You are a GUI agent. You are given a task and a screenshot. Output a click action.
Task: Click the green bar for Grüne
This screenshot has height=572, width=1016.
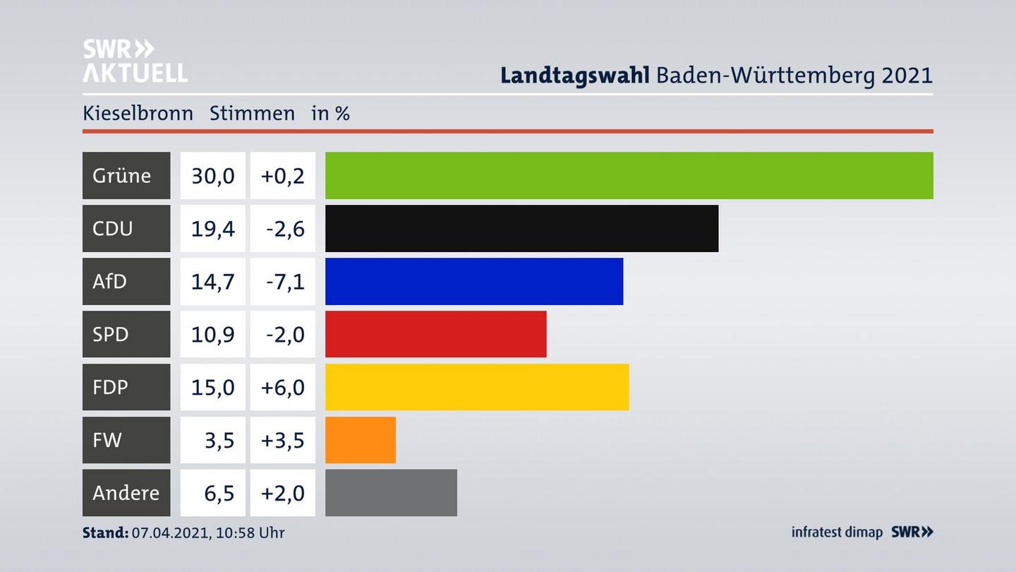(x=629, y=175)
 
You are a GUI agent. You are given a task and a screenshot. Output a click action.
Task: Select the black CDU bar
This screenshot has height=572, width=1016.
(x=521, y=228)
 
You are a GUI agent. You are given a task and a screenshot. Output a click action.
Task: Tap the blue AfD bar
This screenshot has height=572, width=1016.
(x=474, y=281)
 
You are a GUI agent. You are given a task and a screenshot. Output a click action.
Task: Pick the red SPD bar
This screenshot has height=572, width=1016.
(x=435, y=334)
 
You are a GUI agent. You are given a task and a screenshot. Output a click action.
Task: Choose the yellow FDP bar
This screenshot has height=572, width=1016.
(x=477, y=387)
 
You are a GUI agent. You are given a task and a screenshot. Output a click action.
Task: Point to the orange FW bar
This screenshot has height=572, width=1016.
(x=360, y=440)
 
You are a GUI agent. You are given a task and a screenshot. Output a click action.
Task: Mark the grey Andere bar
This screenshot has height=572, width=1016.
(x=391, y=492)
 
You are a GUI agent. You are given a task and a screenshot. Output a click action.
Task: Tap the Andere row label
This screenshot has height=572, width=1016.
(x=126, y=492)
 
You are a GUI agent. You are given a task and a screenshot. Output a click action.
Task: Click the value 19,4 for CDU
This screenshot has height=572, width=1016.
(x=212, y=228)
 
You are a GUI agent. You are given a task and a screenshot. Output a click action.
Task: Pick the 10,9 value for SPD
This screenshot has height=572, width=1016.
(x=212, y=334)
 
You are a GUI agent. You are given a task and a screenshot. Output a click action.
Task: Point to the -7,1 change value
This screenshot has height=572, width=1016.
(x=284, y=281)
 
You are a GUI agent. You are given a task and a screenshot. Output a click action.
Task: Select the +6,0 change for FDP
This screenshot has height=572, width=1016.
(x=282, y=387)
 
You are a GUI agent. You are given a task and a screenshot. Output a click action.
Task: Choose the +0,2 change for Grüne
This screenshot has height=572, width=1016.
(x=282, y=175)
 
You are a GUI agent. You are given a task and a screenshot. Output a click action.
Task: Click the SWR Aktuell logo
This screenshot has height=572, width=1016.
(x=135, y=61)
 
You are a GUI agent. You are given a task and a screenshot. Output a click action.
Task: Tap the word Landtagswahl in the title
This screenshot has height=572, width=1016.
(x=574, y=75)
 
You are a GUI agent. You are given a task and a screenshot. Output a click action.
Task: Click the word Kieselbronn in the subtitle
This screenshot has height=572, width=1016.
(x=138, y=113)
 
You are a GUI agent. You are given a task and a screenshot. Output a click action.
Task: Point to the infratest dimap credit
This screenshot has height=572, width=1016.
(x=837, y=532)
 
